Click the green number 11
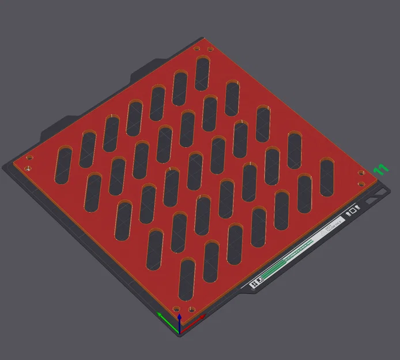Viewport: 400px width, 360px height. (380, 169)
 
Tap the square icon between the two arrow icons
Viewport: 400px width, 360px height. (353, 211)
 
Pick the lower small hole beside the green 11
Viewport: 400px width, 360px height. (361, 184)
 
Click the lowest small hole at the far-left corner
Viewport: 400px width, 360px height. (27, 169)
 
